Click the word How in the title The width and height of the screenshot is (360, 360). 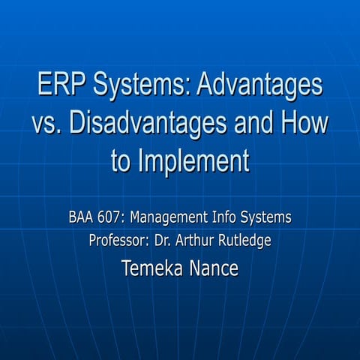point(304,123)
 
